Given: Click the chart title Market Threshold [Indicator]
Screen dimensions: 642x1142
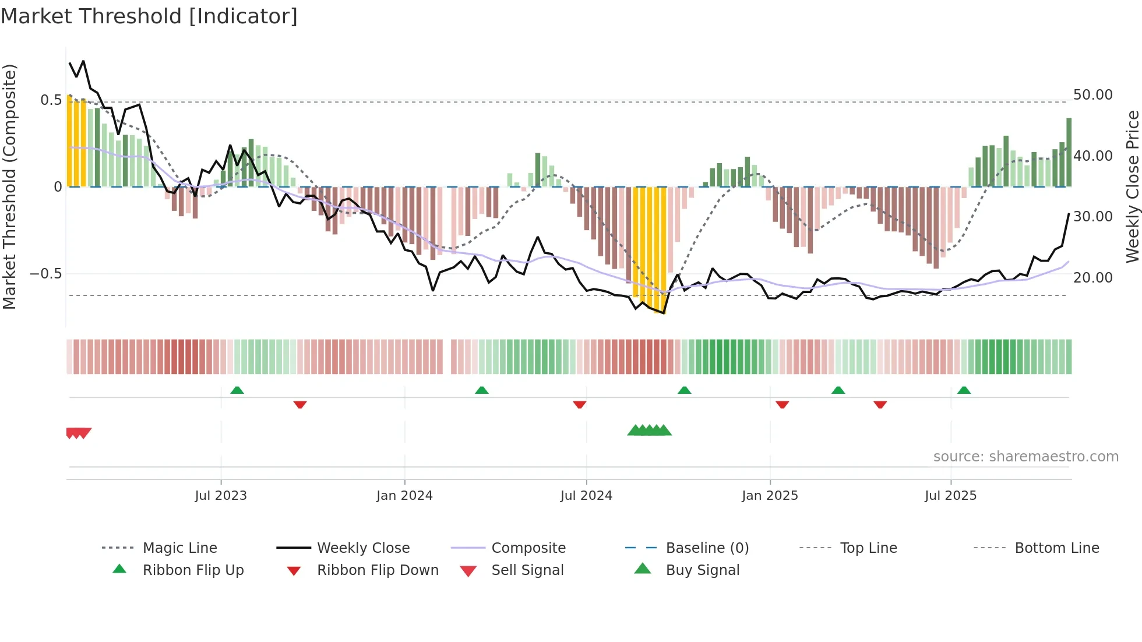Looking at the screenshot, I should (149, 16).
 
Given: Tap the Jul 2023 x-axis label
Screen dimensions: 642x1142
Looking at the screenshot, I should (221, 496).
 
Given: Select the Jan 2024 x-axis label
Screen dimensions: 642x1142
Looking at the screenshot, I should (404, 496).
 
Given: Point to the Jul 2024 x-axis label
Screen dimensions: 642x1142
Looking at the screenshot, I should (586, 496).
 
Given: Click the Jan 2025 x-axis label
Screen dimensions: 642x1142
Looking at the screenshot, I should (770, 496).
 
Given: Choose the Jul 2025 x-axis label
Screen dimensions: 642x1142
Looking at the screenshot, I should (950, 496).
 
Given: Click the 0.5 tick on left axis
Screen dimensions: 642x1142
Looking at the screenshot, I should (51, 100).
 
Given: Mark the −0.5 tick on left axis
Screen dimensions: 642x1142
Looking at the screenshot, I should (46, 274).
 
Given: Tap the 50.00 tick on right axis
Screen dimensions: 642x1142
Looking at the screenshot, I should (1092, 95).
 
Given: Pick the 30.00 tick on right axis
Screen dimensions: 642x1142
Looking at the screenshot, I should (1092, 217).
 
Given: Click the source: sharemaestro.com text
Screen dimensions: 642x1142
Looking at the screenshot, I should (1025, 457).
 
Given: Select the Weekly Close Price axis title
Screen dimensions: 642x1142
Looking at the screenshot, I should (1132, 186).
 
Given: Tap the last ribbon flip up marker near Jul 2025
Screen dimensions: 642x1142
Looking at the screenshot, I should (964, 390).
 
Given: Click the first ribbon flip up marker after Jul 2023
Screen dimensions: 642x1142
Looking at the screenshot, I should (237, 390).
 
